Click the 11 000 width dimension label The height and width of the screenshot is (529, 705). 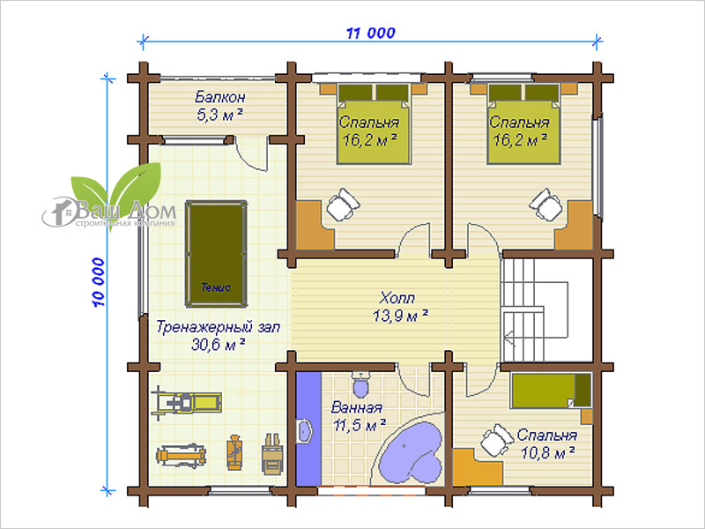(370, 33)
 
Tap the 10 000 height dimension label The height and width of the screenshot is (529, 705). (99, 282)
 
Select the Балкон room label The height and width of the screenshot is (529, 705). (219, 97)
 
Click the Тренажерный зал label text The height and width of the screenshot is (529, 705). (218, 327)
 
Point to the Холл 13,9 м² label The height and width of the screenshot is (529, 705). (400, 307)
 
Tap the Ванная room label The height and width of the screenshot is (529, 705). (357, 408)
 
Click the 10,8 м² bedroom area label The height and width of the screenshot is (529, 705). (547, 452)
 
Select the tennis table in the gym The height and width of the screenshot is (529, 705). (216, 254)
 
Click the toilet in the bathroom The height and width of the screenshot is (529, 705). (360, 384)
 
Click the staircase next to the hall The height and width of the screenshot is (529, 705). (546, 310)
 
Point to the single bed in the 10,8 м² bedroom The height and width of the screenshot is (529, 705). (551, 391)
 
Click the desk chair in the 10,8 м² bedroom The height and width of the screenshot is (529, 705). (497, 440)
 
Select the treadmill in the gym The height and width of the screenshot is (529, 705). (186, 403)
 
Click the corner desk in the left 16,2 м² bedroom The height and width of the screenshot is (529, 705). (315, 225)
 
